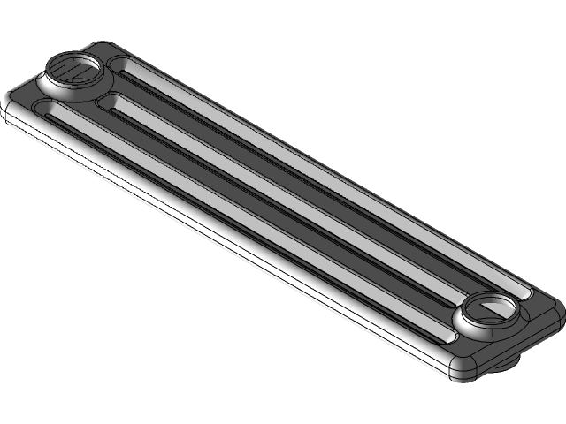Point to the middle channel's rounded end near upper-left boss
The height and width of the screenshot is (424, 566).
tap(109, 104)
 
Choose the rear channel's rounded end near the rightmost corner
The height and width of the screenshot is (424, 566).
tap(525, 292)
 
